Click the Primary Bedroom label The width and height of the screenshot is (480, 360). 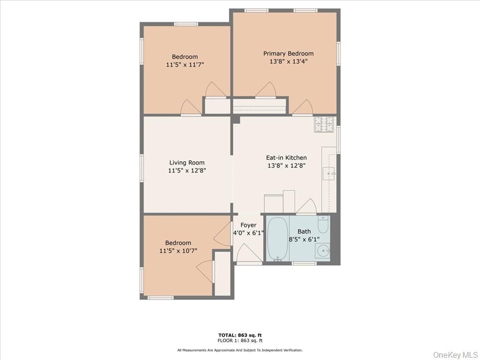click(288, 53)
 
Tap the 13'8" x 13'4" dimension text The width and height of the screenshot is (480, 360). click(288, 61)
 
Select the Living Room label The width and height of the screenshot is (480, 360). click(187, 163)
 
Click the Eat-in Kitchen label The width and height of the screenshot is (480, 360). click(286, 157)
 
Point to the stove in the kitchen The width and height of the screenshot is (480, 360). click(324, 124)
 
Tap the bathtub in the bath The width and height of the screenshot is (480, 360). click(277, 238)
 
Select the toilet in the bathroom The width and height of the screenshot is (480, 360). click(323, 225)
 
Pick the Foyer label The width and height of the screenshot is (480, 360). click(248, 225)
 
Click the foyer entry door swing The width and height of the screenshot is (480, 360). click(248, 254)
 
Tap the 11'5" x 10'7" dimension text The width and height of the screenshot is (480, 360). click(178, 251)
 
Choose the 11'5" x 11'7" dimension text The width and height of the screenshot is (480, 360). click(185, 65)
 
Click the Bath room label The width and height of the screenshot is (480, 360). click(304, 231)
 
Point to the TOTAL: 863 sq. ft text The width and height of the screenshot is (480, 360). click(240, 335)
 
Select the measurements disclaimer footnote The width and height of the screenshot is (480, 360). click(240, 350)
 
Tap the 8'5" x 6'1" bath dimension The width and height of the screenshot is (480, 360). click(304, 239)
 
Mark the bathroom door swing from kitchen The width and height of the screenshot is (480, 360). click(306, 207)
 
